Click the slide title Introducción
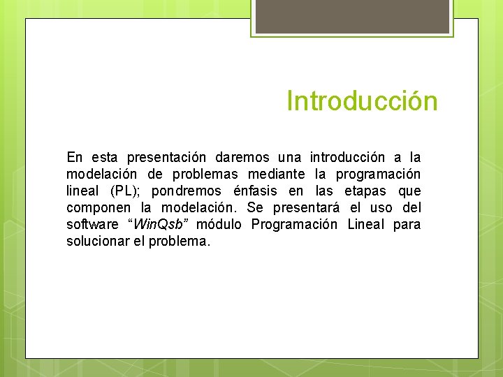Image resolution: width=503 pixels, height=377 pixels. pos(362,101)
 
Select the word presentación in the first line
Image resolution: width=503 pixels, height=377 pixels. pos(166,157)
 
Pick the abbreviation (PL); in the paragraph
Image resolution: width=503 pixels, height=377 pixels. pos(126,191)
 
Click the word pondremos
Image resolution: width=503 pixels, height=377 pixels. pos(186,191)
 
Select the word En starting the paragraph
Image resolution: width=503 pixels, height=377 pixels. pos(74,157)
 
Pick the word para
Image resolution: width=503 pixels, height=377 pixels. pos(407,224)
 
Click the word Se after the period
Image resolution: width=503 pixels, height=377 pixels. pos(255,207)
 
